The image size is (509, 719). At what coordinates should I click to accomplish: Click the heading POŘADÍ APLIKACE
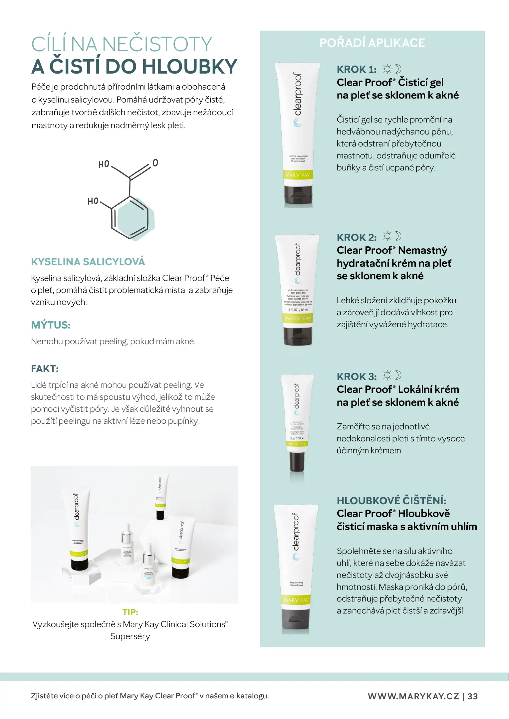coord(372,43)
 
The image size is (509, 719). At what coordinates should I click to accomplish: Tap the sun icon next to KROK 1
coord(387,69)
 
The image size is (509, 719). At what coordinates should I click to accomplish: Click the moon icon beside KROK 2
coord(398,236)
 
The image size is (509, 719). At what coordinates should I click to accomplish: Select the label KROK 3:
coord(357,376)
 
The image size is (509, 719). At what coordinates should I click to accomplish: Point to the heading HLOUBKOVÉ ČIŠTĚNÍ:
coord(391,500)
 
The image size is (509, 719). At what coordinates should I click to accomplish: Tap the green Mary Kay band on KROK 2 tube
coord(298,319)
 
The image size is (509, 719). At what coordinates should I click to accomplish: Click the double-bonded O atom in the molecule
coord(155,163)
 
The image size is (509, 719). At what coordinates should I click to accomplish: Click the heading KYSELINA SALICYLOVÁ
coord(88,262)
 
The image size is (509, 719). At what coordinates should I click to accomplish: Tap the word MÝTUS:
coord(51,325)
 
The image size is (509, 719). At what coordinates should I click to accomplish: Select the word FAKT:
coord(45,369)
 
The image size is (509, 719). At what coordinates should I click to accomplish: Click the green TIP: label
coord(130,612)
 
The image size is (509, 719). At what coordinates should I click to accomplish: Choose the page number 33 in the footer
coord(473,696)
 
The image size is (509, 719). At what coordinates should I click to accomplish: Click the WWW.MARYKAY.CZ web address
coord(413,696)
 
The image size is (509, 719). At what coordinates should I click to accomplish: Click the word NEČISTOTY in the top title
coord(157,44)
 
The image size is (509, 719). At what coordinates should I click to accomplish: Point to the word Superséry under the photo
coord(130,636)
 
